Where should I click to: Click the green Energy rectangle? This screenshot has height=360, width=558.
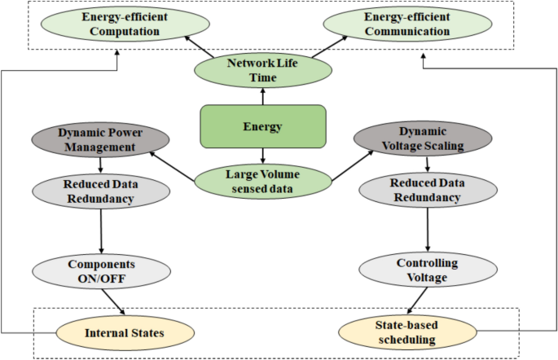[x=262, y=127]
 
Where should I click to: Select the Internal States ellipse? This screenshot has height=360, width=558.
[x=125, y=331]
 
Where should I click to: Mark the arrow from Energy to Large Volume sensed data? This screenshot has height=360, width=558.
[x=262, y=156]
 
